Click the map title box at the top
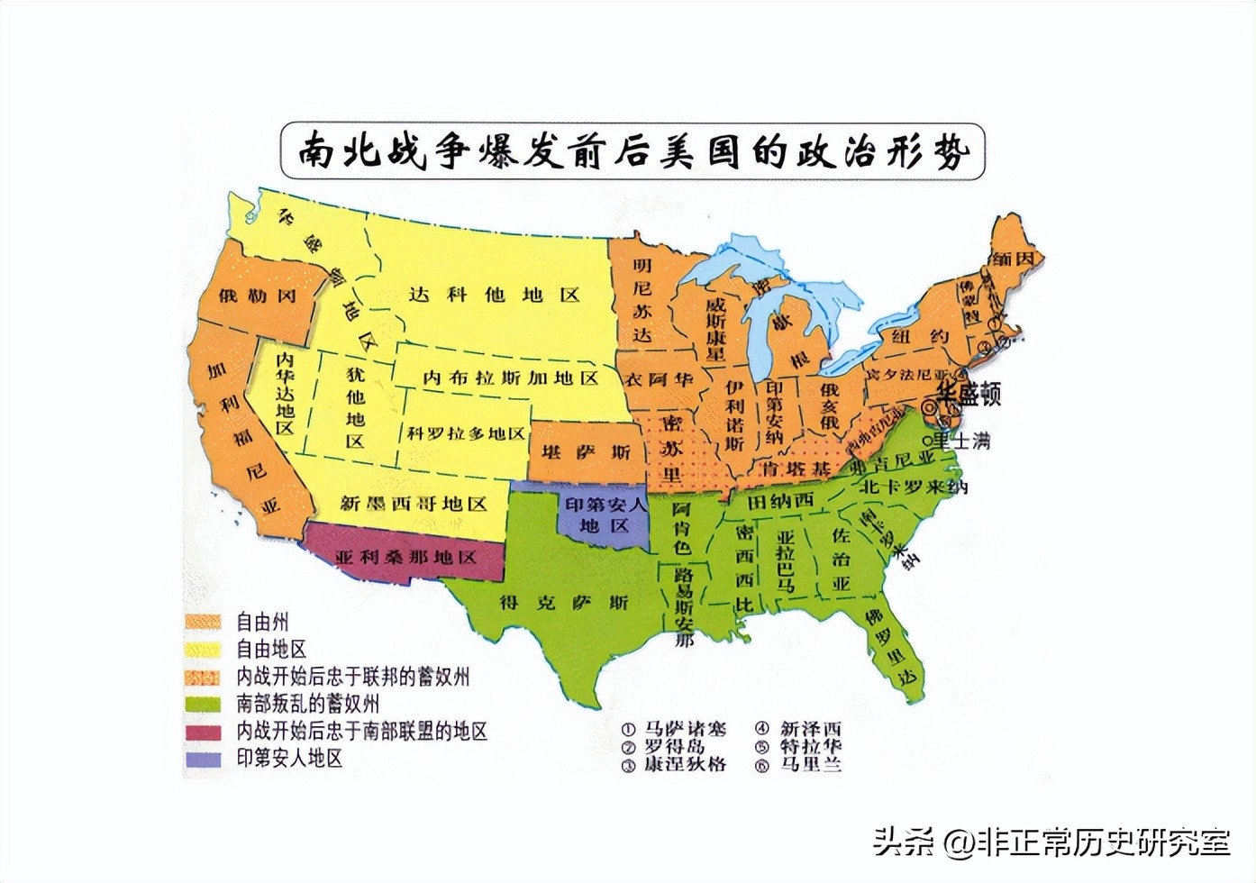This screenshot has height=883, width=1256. coord(633,150)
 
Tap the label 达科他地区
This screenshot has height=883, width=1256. coord(494,295)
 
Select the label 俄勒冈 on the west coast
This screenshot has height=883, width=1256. coord(257,296)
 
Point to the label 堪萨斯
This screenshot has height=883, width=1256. coord(586,451)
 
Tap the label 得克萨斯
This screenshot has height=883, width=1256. coord(563,602)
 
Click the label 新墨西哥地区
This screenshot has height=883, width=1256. coord(413,504)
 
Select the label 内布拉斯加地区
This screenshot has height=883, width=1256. coord(510,378)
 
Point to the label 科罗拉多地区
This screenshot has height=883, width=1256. coord(465,433)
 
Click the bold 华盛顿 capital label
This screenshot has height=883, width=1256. coord(968,394)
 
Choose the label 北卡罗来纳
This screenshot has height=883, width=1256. coord(913,487)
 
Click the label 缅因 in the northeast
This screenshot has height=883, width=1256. coord(1011,259)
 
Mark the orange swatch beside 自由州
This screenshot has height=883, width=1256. coord(203,622)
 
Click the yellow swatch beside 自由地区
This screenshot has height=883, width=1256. coord(203,649)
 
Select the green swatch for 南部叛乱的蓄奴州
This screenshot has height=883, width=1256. coord(203,704)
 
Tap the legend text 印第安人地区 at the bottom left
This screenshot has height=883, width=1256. coord(289,759)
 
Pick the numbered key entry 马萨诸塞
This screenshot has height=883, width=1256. coord(685,729)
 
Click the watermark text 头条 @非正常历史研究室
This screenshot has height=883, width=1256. coord(1050,842)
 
